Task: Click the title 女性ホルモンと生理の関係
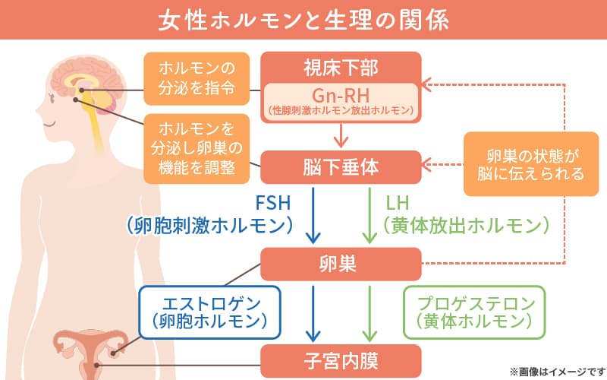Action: [303, 19]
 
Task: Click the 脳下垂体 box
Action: [341, 164]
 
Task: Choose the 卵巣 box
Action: [341, 263]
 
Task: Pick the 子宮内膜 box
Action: [341, 357]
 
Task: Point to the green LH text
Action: [398, 204]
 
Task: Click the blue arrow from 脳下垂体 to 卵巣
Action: [313, 216]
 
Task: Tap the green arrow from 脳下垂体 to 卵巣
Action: [369, 216]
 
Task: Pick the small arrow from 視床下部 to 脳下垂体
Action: [341, 135]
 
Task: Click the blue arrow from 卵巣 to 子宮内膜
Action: [313, 313]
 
